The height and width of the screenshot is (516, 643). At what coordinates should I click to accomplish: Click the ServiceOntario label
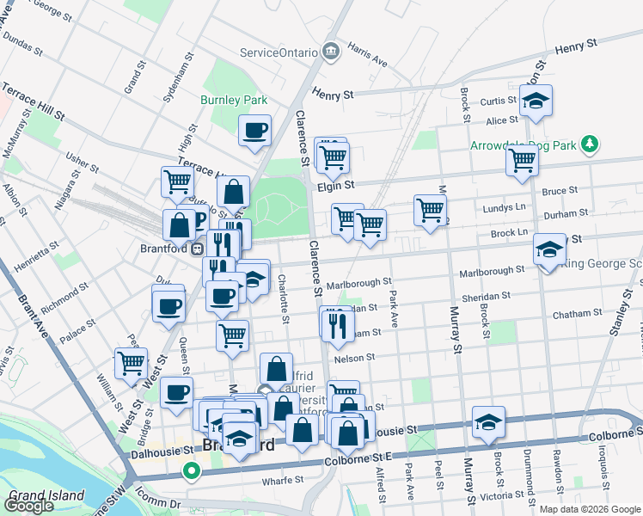click(x=278, y=52)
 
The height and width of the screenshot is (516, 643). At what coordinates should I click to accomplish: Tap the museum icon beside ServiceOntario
click(x=330, y=53)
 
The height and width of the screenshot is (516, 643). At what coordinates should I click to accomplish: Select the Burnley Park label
click(x=234, y=100)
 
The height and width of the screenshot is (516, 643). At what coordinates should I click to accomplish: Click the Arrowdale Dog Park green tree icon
click(x=590, y=144)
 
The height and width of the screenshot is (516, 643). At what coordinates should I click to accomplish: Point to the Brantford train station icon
click(x=197, y=249)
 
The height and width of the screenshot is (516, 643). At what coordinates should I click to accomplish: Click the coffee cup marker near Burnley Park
click(x=255, y=132)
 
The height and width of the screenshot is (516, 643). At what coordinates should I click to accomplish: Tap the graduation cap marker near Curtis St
click(x=536, y=101)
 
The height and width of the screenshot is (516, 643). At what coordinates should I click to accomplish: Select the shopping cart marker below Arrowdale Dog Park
click(x=522, y=161)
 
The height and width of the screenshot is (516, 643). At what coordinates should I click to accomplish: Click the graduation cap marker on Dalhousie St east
click(x=488, y=423)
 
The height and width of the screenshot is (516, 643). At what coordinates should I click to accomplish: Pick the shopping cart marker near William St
click(x=131, y=363)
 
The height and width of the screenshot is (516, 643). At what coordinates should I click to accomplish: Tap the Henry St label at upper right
click(x=576, y=47)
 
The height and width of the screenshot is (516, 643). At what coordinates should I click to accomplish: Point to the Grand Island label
click(x=46, y=495)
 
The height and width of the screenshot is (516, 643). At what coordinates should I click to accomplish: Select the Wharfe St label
click(x=285, y=479)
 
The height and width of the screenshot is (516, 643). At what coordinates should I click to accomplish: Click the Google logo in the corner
click(x=28, y=506)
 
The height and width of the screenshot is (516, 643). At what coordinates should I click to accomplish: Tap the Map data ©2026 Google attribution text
click(x=590, y=509)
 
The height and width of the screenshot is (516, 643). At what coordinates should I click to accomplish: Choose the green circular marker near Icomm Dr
click(x=192, y=471)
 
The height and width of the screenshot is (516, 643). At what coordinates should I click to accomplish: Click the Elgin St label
click(x=336, y=185)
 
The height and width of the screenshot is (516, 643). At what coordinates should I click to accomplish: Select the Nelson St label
click(x=358, y=357)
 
